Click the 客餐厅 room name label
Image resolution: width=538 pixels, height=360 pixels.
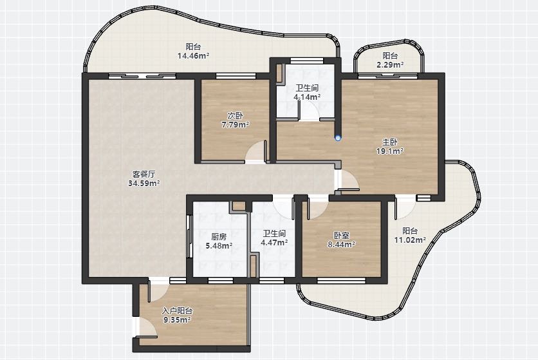pos(144,174)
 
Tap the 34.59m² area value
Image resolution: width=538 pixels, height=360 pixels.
pos(144,183)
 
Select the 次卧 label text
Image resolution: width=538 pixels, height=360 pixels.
pos(236,115)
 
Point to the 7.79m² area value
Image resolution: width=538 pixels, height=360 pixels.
pos(236,124)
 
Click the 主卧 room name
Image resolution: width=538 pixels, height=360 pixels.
pos(390,142)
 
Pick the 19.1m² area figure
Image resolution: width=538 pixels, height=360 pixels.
pos(390,151)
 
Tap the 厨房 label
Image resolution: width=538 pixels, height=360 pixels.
pos(219,237)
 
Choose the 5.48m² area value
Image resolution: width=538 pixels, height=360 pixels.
pos(219,245)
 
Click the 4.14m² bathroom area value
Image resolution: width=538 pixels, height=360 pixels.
pos(307,97)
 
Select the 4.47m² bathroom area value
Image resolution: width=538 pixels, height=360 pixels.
pos(274,243)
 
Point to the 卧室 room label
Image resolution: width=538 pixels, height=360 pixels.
pos(342,236)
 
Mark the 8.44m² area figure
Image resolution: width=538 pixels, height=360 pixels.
pos(342,245)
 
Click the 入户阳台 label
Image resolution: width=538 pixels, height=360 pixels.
pos(177,311)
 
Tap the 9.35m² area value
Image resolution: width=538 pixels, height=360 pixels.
pos(177,320)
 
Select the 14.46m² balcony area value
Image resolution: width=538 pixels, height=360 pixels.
pos(193,55)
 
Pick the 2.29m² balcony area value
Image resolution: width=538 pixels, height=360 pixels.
pos(390,64)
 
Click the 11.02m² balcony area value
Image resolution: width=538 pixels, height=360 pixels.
pos(410,240)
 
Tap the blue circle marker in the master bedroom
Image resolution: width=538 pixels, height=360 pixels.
pos(339,138)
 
